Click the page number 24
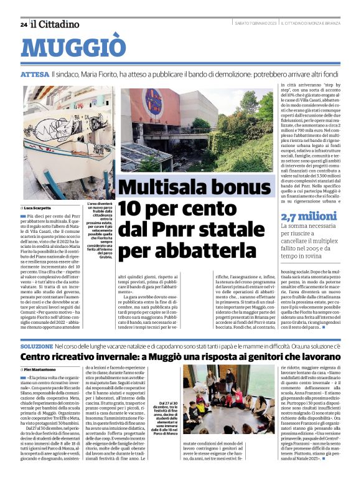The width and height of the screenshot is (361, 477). pos(24,24)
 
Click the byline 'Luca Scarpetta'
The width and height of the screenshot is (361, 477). pos(39,207)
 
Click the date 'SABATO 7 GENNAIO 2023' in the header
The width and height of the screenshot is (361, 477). pos(246,24)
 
